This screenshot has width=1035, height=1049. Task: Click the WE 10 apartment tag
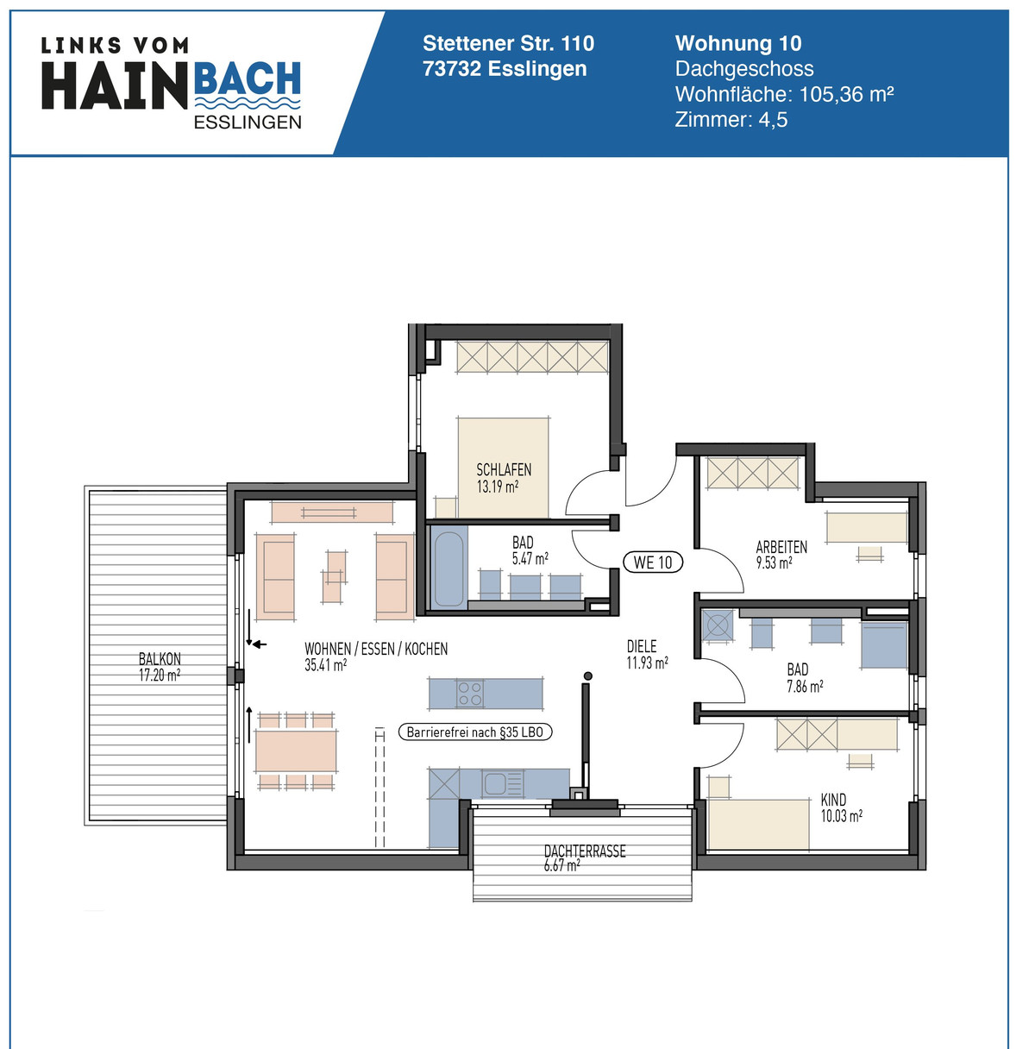point(653,562)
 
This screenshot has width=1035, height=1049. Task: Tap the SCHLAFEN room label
point(504,470)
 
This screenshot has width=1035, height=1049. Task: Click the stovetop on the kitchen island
point(470,694)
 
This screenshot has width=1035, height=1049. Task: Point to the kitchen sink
point(496,783)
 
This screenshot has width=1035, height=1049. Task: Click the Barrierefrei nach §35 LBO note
point(475,732)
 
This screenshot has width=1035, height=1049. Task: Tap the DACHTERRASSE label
point(585,851)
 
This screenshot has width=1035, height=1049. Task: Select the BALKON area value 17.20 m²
point(160,675)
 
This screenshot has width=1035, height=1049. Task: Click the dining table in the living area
point(296,751)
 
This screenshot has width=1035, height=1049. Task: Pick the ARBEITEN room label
point(781,547)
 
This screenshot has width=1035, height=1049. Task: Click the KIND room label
point(833,800)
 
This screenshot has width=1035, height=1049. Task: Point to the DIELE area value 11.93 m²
point(647,663)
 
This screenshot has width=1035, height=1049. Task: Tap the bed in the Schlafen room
point(504,467)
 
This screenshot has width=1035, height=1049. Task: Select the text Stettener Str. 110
point(508,43)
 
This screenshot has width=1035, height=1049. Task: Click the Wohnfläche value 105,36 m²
point(846,94)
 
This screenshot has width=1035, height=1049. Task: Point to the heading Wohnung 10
point(738,43)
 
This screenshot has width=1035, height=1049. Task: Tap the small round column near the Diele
point(587,676)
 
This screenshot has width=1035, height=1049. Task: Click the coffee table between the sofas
point(335,576)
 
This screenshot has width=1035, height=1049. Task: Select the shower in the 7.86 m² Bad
point(884,646)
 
